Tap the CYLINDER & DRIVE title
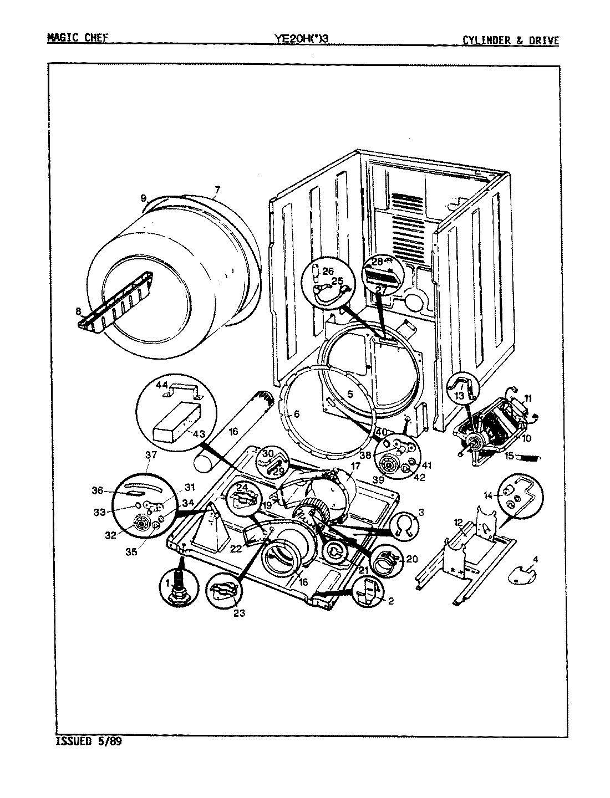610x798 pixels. click(x=511, y=39)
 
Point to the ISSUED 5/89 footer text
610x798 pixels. click(x=89, y=741)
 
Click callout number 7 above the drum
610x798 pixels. click(x=216, y=191)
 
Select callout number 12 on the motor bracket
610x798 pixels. click(x=458, y=521)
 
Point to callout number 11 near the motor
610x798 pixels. click(x=527, y=398)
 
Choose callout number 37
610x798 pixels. click(x=151, y=454)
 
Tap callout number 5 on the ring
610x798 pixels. click(x=350, y=395)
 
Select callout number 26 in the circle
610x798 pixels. click(x=328, y=271)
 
